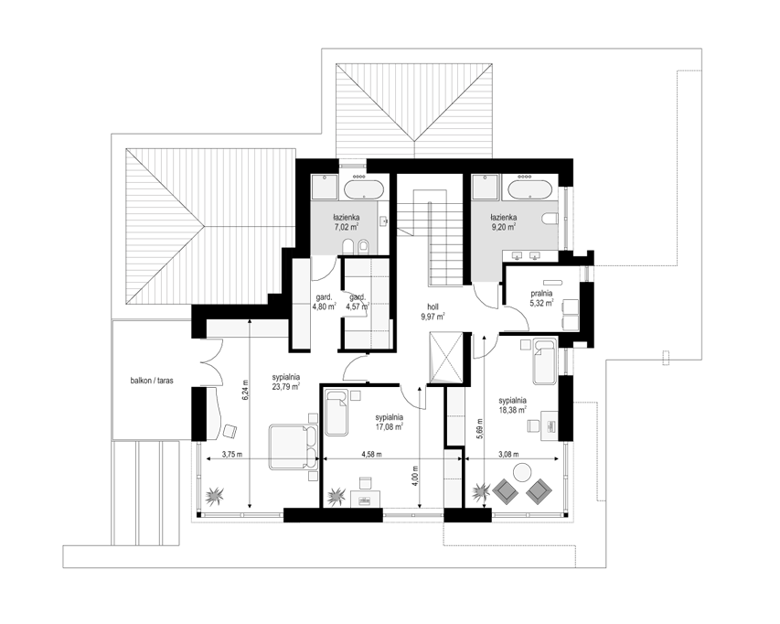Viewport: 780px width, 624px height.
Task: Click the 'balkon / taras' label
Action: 152,381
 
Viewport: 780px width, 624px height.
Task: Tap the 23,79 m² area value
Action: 285,386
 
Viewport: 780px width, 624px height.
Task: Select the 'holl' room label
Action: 433,307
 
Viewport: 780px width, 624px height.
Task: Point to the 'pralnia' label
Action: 541,294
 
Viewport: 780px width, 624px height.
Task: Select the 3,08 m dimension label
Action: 508,454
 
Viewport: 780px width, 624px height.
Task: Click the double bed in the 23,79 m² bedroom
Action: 294,446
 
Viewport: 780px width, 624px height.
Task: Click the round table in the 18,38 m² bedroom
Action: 523,472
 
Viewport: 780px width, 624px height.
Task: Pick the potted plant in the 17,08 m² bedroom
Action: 337,496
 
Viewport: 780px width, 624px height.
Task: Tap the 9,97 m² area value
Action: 432,316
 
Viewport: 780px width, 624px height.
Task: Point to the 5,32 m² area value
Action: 541,302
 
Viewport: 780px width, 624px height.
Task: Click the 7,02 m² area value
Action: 347,226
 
